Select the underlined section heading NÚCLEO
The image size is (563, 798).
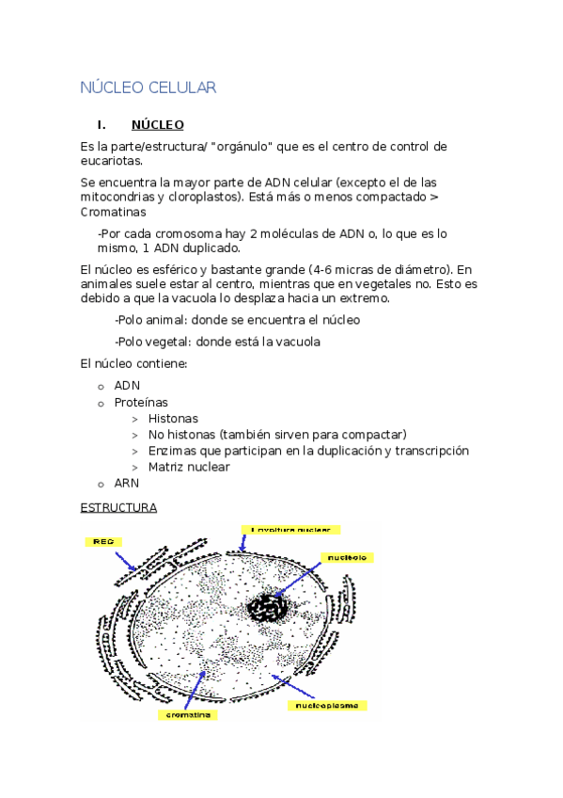[157, 124]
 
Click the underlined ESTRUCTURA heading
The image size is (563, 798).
[118, 507]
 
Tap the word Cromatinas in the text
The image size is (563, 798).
[115, 213]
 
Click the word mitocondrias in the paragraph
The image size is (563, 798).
[118, 197]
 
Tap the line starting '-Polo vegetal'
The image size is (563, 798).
[216, 342]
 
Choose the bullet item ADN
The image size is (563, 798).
[127, 386]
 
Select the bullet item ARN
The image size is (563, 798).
[127, 483]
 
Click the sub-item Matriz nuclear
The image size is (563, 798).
[189, 467]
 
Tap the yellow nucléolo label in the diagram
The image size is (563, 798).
[348, 557]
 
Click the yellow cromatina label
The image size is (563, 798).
[190, 714]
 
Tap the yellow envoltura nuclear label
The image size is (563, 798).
[290, 529]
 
